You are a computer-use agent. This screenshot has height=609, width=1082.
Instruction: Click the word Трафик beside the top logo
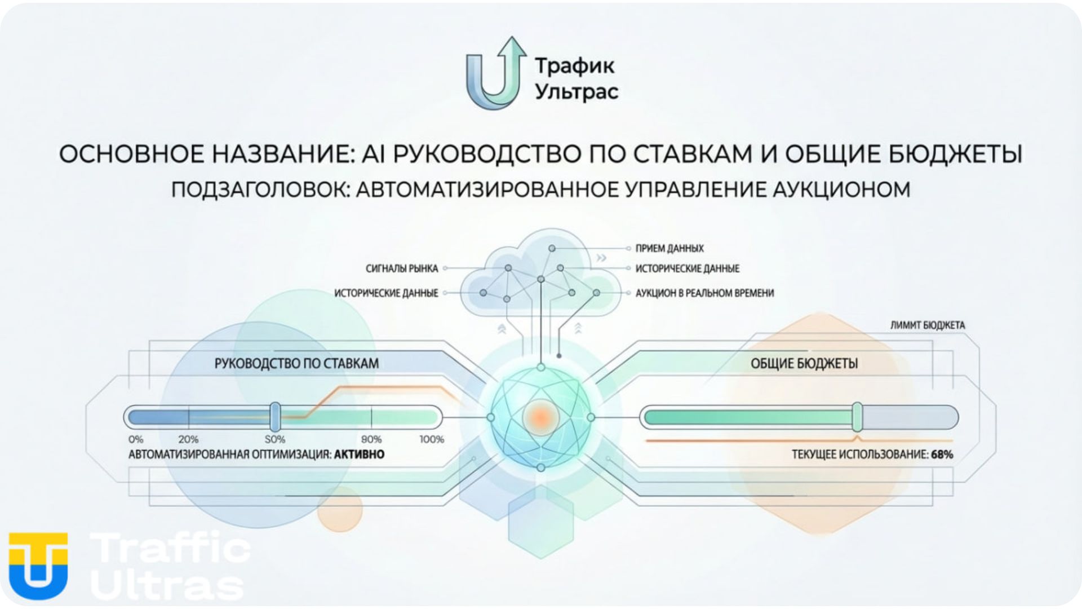pos(575,65)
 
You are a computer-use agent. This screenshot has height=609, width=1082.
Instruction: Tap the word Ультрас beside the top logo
pos(577,92)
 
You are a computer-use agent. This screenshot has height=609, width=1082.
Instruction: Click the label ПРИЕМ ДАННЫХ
pos(669,248)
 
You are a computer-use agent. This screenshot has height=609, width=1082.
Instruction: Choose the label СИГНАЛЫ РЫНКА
pos(402,268)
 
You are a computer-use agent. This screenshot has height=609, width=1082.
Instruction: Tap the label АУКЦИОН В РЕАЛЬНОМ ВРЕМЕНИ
pos(704,293)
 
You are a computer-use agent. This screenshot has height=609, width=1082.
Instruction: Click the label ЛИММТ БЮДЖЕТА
pos(928,325)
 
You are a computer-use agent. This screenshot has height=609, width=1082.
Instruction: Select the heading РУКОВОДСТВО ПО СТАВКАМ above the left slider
pos(296,364)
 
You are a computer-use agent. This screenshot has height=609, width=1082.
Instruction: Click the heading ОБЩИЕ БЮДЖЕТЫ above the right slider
pos(804,364)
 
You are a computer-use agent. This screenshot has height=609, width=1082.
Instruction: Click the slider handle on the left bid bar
pos(275,417)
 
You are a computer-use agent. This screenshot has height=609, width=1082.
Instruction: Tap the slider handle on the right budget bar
pos(857,417)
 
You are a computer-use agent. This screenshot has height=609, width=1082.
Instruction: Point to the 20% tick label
pos(188,440)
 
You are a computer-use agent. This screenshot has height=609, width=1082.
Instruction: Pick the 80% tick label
pos(371,440)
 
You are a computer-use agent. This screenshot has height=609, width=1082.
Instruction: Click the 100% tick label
pos(432,440)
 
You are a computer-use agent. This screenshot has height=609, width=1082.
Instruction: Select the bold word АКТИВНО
pos(360,454)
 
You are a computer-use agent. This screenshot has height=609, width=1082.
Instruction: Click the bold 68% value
pos(942,454)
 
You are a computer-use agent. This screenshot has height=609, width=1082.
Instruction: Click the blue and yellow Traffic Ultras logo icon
pos(38,566)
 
